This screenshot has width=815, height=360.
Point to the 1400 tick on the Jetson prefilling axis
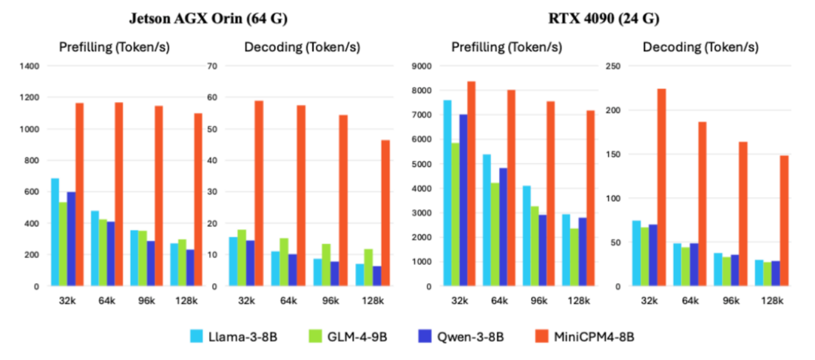(30, 66)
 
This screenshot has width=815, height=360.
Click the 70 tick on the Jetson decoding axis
(214, 66)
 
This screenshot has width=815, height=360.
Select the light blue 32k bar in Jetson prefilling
(55, 232)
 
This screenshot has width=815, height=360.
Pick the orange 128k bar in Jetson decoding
(385, 213)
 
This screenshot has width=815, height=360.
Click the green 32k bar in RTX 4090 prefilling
(456, 214)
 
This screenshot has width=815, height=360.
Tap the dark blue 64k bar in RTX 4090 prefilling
(503, 227)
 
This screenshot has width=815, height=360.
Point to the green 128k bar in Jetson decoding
(368, 267)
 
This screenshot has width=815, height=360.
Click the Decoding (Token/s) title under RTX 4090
(700, 48)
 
